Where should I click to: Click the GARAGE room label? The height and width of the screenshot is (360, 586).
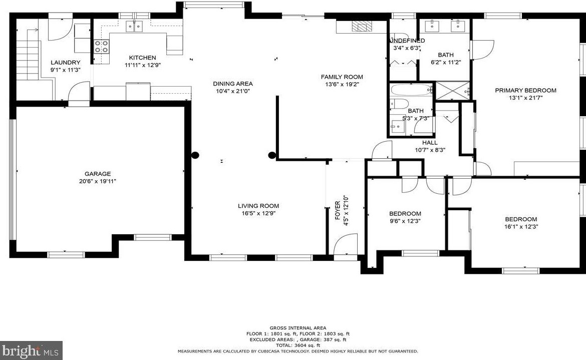(98, 174)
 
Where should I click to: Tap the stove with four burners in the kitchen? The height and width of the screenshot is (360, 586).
(101, 47)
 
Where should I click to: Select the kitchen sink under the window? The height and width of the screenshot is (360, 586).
(134, 27)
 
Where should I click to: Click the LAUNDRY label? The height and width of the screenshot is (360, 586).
(66, 63)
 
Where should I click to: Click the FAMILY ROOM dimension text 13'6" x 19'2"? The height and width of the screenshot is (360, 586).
(342, 85)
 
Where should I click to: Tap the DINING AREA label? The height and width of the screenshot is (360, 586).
(233, 84)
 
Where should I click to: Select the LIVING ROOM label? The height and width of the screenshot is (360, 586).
(258, 206)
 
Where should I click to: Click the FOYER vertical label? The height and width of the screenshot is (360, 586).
(338, 210)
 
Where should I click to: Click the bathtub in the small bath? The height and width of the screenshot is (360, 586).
(411, 90)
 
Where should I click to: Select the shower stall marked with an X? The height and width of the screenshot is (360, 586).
(453, 91)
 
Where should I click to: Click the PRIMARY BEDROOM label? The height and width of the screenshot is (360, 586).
(525, 90)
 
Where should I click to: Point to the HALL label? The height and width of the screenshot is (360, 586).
(430, 143)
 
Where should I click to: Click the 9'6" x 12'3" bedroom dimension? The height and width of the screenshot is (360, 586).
(405, 221)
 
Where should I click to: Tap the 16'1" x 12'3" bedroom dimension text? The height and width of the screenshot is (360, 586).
(521, 226)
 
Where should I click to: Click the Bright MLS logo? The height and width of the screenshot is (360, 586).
(31, 350)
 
